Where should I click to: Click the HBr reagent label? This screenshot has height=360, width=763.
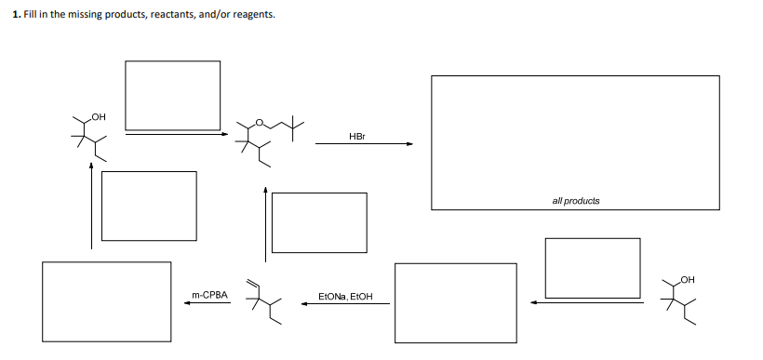357,136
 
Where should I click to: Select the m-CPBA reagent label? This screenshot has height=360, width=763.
209,294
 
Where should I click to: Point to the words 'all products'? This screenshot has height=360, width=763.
575,201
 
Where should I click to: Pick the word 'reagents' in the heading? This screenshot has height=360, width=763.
252,16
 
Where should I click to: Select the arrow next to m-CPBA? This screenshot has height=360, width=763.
207,302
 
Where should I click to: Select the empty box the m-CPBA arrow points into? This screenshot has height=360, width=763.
106,301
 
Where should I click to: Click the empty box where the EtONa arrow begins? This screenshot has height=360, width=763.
455,302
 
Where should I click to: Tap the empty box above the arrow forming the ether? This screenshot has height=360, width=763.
173,95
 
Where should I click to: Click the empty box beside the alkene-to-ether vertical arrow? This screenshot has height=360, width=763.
319,222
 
